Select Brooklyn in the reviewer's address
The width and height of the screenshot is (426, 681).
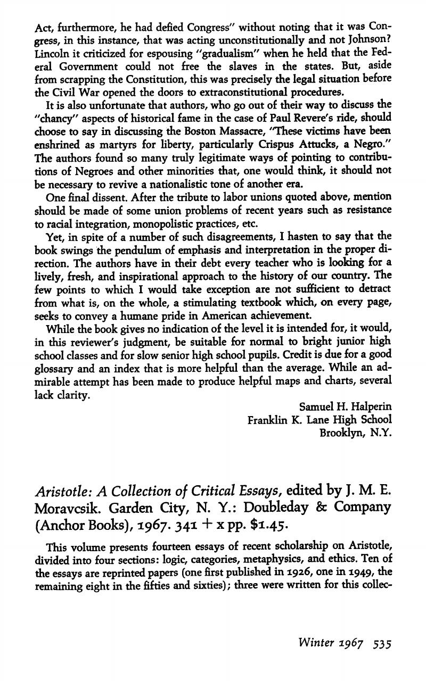[x=340, y=433]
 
